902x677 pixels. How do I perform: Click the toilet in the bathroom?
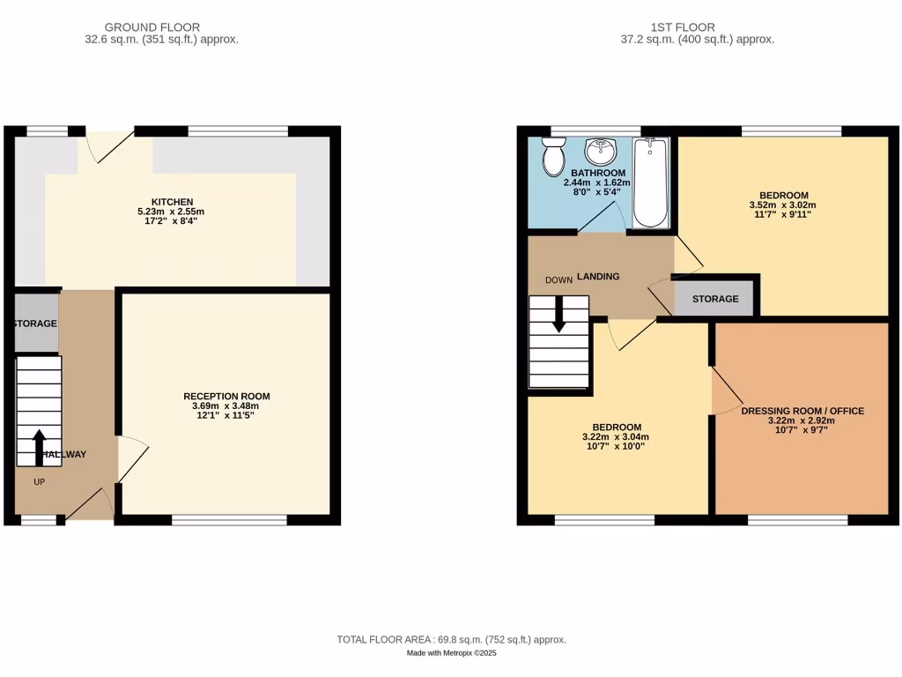click(553, 158)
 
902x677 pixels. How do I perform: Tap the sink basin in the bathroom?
click(603, 152)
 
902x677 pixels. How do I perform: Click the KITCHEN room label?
click(171, 202)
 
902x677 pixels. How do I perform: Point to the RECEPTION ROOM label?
click(226, 396)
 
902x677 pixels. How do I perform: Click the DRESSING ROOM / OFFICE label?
click(802, 411)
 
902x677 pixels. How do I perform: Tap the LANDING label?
click(598, 277)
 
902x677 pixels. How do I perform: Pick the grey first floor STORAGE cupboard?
click(714, 299)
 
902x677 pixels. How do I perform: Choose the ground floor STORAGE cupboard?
click(35, 324)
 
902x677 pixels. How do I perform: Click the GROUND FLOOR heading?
click(152, 27)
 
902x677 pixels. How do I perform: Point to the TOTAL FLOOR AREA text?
click(451, 640)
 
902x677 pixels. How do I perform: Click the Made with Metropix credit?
click(451, 653)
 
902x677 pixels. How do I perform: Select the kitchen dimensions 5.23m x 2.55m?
click(171, 212)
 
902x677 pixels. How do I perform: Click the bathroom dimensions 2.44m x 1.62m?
click(597, 182)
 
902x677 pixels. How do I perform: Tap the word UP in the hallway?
click(39, 482)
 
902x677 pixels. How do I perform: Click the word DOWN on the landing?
click(558, 280)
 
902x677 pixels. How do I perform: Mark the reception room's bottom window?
click(229, 520)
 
